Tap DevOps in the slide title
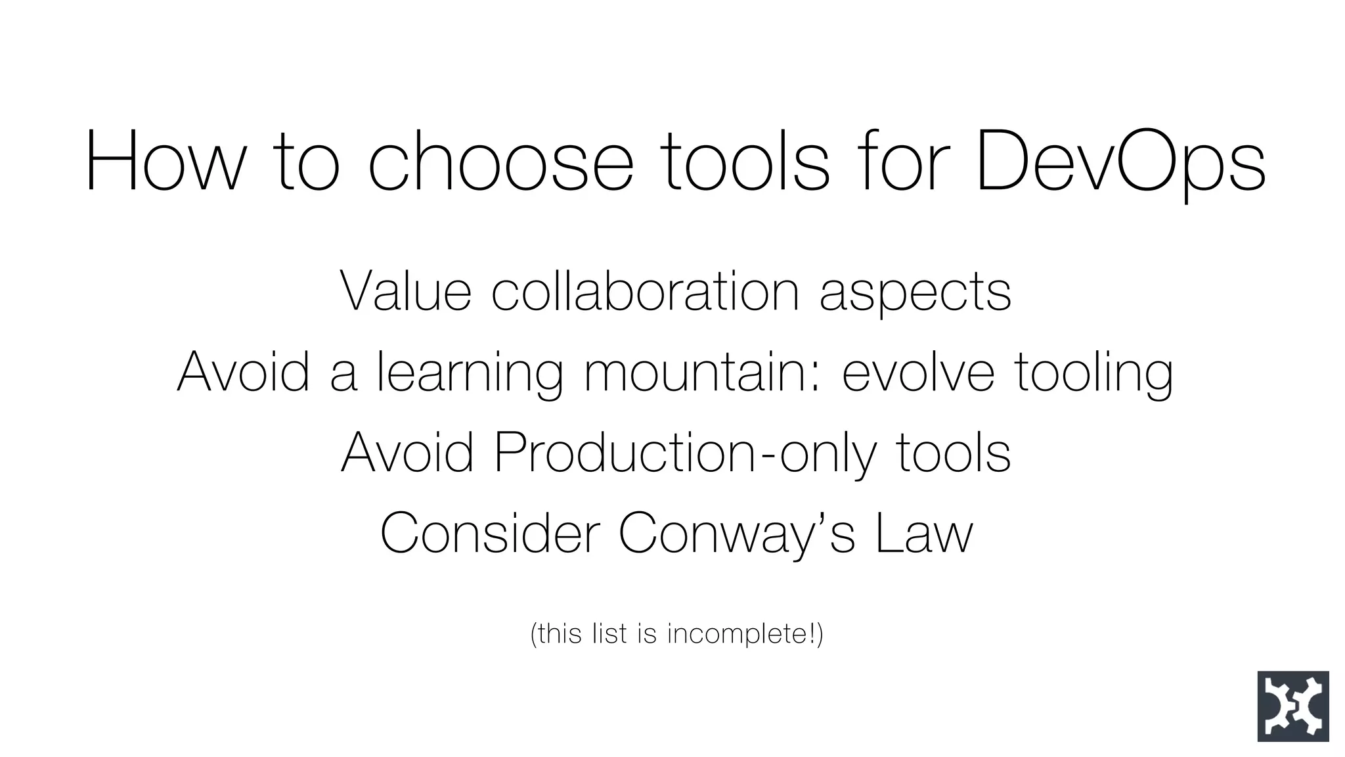click(x=1120, y=162)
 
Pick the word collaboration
click(x=645, y=291)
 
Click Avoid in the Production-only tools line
click(x=407, y=452)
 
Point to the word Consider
click(x=490, y=533)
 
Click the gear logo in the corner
click(x=1292, y=706)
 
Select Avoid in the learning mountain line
click(x=243, y=371)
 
